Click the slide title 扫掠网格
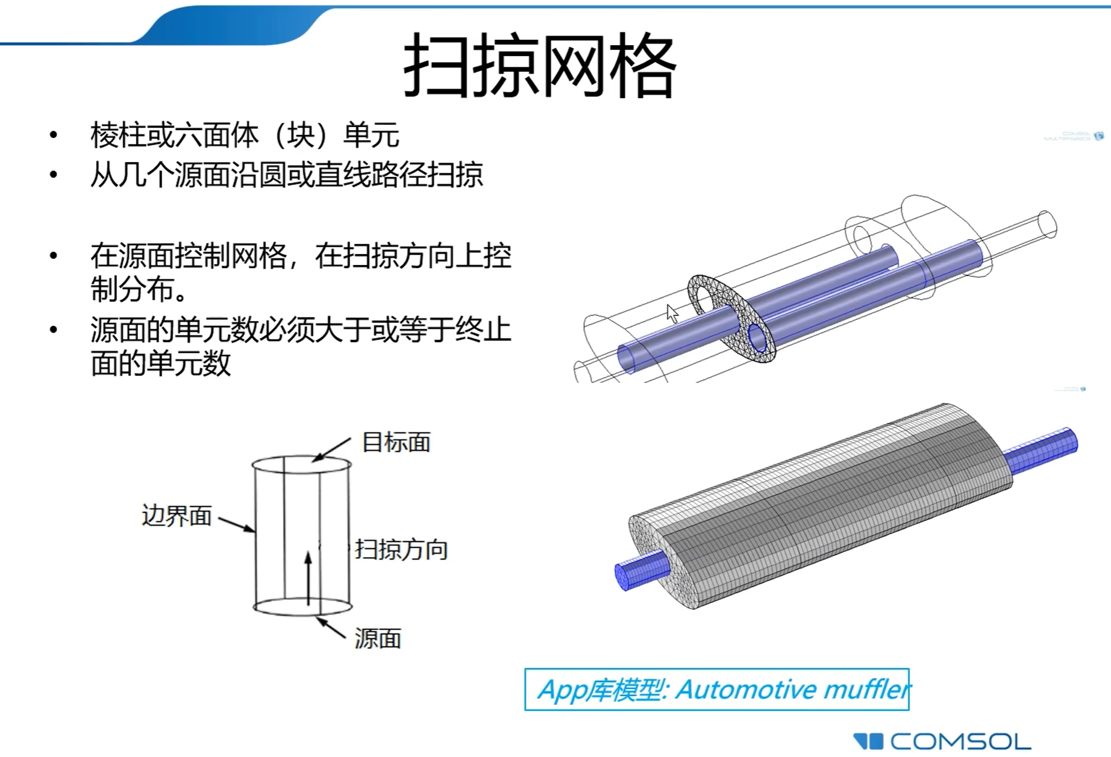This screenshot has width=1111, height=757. [540, 64]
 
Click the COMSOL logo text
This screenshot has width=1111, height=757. [960, 741]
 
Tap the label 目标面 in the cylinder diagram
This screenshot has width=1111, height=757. [396, 443]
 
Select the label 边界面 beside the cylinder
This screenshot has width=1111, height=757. [177, 516]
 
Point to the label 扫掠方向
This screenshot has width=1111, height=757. [401, 550]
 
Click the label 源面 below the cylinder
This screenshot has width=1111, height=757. [378, 639]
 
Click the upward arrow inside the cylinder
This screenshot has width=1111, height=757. [308, 578]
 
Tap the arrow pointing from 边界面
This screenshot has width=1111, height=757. [237, 524]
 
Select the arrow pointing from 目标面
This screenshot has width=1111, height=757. [331, 449]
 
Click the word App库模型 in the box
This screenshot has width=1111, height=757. [602, 690]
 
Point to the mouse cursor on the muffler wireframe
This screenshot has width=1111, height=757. [672, 313]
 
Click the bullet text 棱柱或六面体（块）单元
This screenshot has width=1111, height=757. [245, 134]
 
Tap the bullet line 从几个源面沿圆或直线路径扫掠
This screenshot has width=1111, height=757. [287, 175]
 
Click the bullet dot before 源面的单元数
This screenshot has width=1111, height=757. [54, 329]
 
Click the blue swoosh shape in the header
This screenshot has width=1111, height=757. [229, 25]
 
